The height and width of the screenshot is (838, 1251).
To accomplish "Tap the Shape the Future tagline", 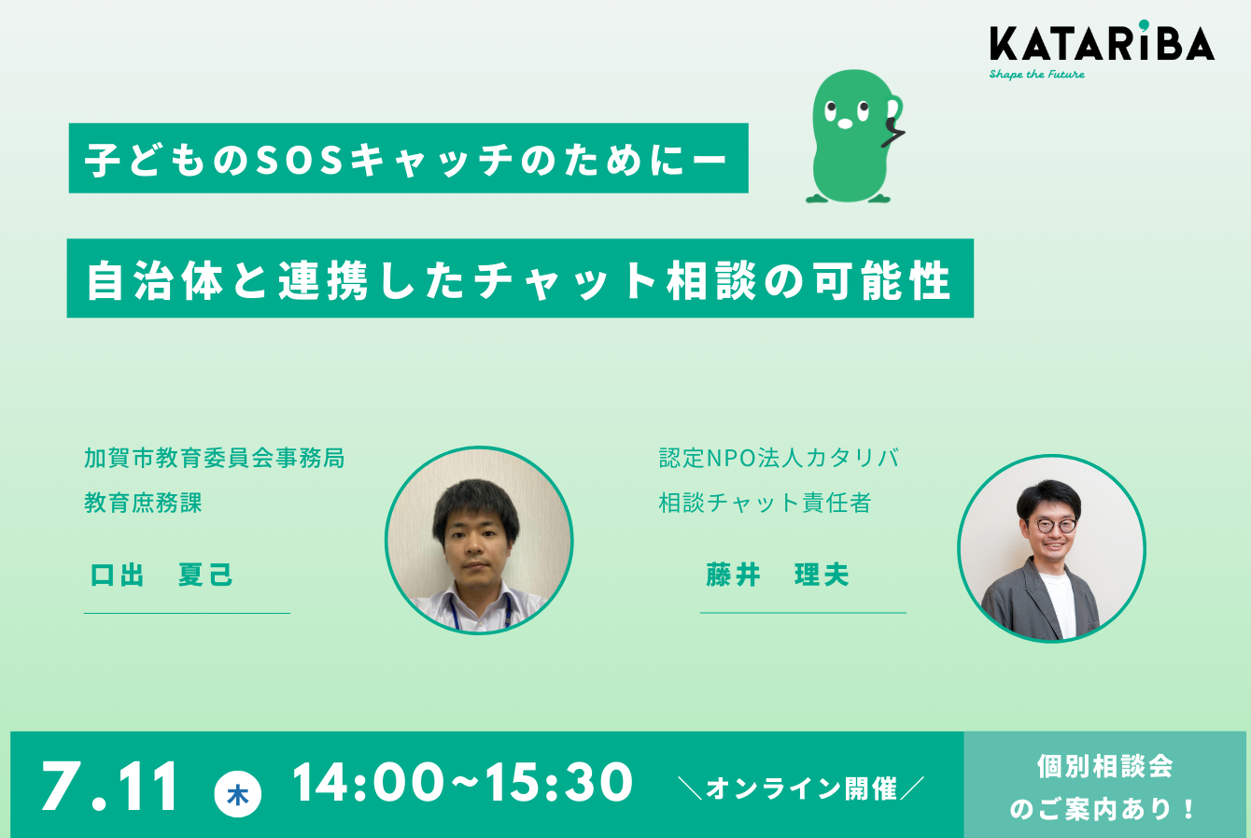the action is coord(1036,75).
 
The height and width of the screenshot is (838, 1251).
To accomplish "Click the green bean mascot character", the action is coord(854,135).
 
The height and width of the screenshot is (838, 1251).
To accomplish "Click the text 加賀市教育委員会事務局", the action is coord(215,458).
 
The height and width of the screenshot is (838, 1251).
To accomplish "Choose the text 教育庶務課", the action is coord(143,503).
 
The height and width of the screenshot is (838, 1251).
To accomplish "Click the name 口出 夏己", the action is coord(161,575).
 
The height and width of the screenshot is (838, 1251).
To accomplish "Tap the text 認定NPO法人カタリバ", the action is coord(780,458).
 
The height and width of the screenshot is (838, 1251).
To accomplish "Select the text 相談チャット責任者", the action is coord(766,503).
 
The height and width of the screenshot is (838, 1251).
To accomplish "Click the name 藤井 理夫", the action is coord(778,575).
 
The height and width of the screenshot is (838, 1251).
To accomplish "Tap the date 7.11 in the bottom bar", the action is coord(109,786).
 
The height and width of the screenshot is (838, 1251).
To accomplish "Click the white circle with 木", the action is coord(238,794).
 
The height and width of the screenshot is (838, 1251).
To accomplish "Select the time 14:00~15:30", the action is coord(462,782).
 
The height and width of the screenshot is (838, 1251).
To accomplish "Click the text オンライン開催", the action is coord(801,788).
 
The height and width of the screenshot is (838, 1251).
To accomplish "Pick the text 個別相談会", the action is coord(1105,766).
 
